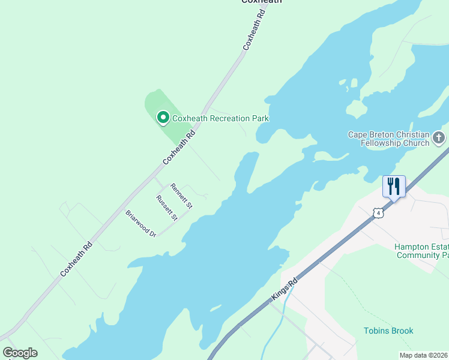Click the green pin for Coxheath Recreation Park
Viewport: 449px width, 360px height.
(163, 118)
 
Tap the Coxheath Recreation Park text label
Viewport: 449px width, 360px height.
(220, 118)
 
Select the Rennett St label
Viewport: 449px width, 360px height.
(181, 196)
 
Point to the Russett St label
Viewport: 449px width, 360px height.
(166, 208)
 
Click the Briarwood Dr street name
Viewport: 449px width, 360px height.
(140, 223)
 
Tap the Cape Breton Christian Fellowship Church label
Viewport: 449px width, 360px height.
(389, 139)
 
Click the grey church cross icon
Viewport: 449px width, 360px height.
(439, 139)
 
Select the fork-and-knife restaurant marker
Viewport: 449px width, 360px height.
(394, 185)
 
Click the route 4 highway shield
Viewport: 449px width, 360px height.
(377, 212)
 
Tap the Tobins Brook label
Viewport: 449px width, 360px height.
(388, 331)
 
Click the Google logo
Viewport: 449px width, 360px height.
(20, 353)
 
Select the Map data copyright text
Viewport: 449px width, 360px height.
(424, 355)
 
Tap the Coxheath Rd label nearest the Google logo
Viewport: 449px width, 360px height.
(76, 259)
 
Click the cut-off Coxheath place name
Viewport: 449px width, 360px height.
(261, 2)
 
